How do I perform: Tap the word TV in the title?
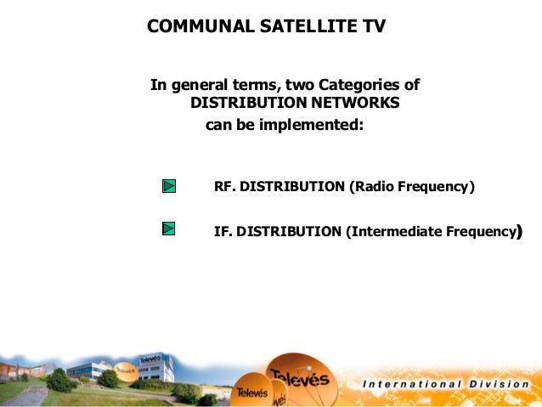374,26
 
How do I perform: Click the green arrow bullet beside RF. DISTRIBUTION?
168,185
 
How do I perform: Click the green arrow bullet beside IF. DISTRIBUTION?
168,229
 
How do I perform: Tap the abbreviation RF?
224,186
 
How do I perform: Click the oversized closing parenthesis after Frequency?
518,230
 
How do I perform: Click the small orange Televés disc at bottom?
252,391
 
